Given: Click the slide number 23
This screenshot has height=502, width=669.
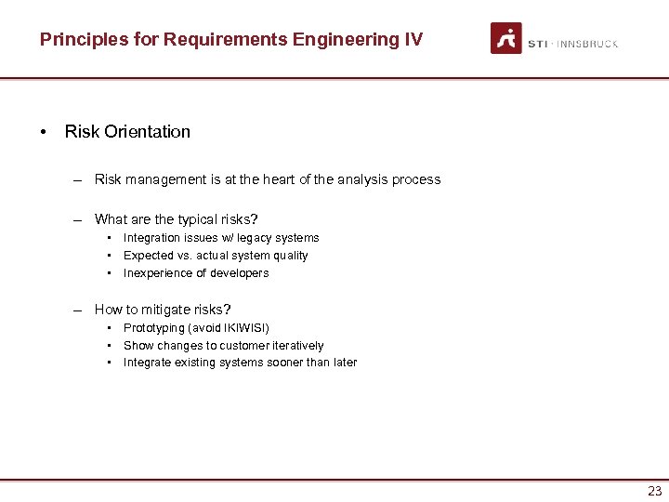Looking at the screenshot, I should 655,492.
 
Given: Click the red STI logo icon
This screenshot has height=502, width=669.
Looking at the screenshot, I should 506,38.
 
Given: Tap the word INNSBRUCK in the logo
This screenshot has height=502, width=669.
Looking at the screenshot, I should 587,44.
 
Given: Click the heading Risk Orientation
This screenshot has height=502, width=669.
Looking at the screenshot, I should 127,132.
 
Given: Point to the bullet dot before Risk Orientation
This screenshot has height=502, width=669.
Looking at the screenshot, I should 44,132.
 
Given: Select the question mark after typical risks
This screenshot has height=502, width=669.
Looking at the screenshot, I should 256,219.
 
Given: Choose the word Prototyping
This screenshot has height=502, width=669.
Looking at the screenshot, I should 153,328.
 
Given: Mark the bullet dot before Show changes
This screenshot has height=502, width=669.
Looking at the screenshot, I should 111,346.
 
